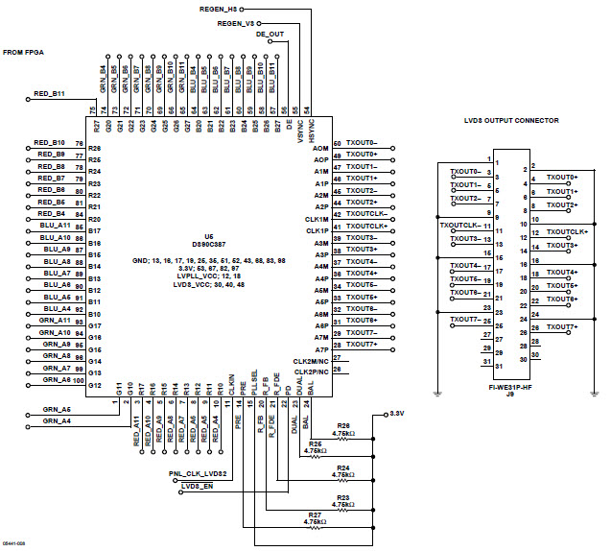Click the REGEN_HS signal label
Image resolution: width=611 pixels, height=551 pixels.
pos(218,8)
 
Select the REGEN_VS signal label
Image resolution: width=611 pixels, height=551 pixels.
pos(236,22)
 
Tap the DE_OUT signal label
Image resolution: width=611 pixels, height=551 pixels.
pos(270,34)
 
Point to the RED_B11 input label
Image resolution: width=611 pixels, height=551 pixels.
pos(49,94)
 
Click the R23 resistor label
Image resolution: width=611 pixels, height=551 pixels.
pos(342,496)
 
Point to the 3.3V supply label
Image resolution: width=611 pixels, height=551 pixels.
pos(396,413)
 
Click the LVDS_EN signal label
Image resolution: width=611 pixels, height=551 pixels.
pos(196,488)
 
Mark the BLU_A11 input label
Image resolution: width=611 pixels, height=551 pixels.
pos(56,225)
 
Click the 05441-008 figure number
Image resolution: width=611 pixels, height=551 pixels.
pos(14,542)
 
